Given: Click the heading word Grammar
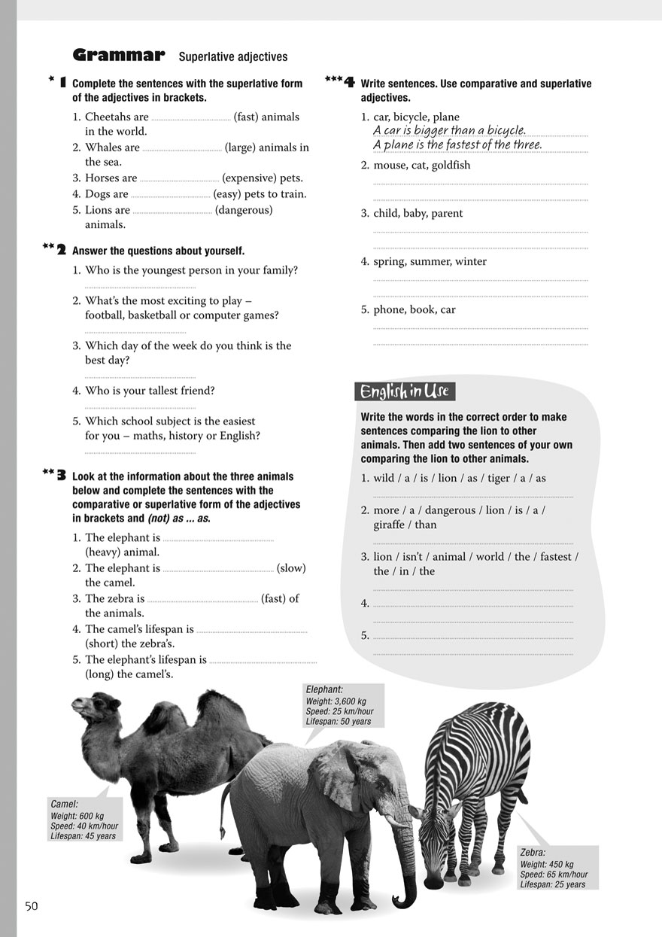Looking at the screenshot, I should tap(118, 55).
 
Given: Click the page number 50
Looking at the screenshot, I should tap(31, 906).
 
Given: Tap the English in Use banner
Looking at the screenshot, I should tap(405, 391).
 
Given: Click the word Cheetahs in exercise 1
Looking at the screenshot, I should tap(117, 117).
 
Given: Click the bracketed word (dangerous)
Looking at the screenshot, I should tap(244, 210).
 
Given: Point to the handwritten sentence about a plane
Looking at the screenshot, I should tap(457, 145).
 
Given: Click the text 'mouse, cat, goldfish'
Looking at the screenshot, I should tap(422, 166).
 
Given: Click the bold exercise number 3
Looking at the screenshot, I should tap(61, 476).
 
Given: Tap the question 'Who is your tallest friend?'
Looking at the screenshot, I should tap(150, 391).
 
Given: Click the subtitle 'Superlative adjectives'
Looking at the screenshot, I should tap(233, 57).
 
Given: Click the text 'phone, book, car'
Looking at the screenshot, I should tap(415, 310).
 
